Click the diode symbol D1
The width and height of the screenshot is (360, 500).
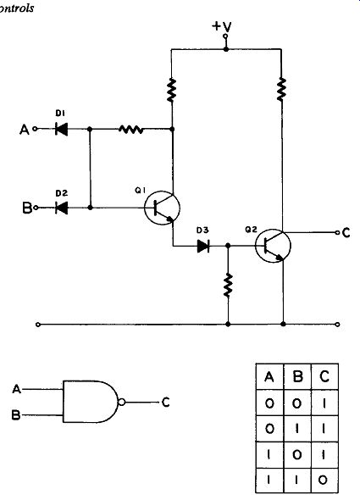pyautogui.click(x=61, y=129)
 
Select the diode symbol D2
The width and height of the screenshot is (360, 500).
pyautogui.click(x=61, y=208)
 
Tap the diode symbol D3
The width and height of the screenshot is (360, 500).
pyautogui.click(x=203, y=246)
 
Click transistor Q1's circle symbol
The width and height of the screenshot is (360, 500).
pyautogui.click(x=162, y=208)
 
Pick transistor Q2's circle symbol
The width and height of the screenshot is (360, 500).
pyautogui.click(x=273, y=246)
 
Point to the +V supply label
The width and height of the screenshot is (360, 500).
pyautogui.click(x=222, y=26)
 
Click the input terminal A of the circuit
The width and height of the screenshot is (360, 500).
pyautogui.click(x=35, y=129)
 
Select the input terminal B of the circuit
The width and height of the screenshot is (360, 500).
pyautogui.click(x=36, y=208)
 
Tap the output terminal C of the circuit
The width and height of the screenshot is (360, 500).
pyautogui.click(x=337, y=232)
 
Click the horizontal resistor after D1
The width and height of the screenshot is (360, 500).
pyautogui.click(x=130, y=129)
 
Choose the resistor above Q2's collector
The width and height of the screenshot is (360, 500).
pyautogui.click(x=281, y=89)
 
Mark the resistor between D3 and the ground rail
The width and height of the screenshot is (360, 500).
pyautogui.click(x=228, y=285)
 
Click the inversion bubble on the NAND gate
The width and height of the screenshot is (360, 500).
pyautogui.click(x=121, y=402)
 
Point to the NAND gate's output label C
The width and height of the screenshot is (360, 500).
pyautogui.click(x=165, y=403)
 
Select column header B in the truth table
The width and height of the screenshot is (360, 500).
pyautogui.click(x=297, y=377)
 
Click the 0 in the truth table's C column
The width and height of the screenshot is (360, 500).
pyautogui.click(x=323, y=480)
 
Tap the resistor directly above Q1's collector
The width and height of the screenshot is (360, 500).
pyautogui.click(x=172, y=90)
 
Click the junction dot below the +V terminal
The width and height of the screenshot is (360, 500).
pyautogui.click(x=226, y=49)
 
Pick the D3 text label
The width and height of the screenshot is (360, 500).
pyautogui.click(x=202, y=230)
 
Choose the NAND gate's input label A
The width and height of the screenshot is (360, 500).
pyautogui.click(x=17, y=389)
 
